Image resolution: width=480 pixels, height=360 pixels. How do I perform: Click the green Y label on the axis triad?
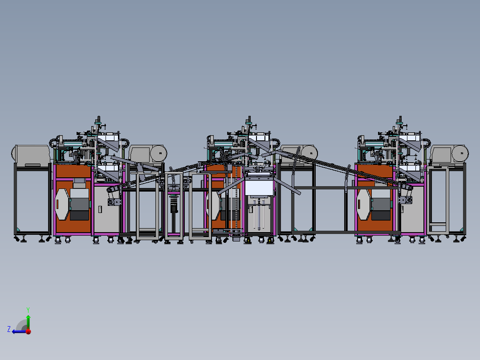(x=28, y=310)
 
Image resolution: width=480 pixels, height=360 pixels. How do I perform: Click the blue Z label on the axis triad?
(x=9, y=329)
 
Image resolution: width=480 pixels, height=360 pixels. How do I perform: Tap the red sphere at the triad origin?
(x=28, y=331)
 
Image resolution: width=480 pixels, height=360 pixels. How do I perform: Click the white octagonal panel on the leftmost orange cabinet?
(x=62, y=204)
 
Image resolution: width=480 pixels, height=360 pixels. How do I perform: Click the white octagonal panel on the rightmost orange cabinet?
(x=364, y=205)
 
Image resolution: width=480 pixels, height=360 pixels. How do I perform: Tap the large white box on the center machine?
(x=259, y=188)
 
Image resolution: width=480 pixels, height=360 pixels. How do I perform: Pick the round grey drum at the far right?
(x=460, y=153)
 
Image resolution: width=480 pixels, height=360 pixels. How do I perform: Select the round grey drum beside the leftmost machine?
(x=159, y=153)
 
